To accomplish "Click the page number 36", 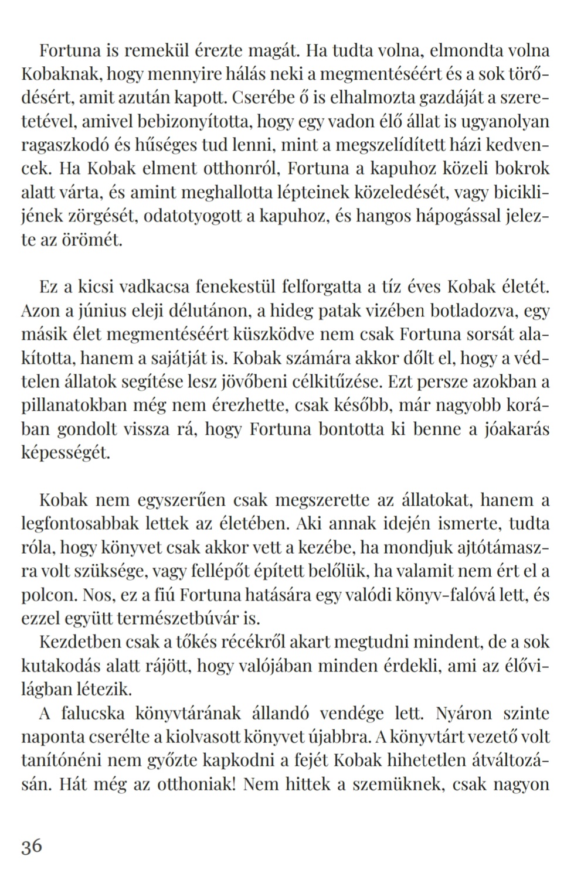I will [x=32, y=847].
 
